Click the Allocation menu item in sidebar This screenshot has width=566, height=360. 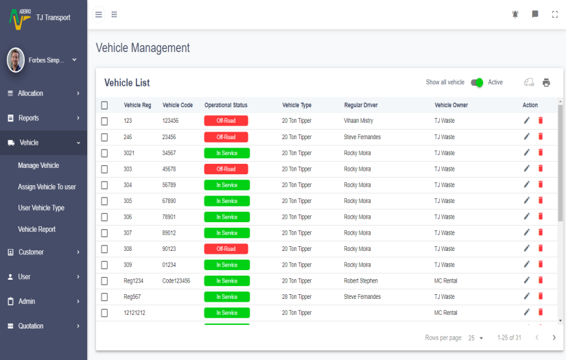click(31, 93)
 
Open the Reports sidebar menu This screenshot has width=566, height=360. click(29, 118)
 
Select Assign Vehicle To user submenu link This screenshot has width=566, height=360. click(47, 187)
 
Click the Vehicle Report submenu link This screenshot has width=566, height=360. click(37, 229)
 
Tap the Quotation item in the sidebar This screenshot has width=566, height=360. click(31, 326)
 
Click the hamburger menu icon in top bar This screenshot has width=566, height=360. click(99, 14)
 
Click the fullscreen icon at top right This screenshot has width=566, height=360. click(555, 14)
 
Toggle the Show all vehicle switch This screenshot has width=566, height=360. click(477, 82)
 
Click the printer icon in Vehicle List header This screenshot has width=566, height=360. click(546, 82)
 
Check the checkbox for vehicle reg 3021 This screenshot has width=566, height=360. click(104, 153)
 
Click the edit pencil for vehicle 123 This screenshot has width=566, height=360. click(527, 121)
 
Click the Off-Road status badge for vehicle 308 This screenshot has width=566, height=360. click(226, 249)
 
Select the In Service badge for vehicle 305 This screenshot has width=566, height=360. click(226, 201)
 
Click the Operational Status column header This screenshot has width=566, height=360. click(226, 105)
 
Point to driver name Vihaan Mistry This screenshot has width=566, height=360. click(359, 121)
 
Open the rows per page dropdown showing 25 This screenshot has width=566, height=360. click(476, 338)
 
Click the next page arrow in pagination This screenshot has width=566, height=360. click(554, 337)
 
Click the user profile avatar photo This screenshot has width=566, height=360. click(15, 60)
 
